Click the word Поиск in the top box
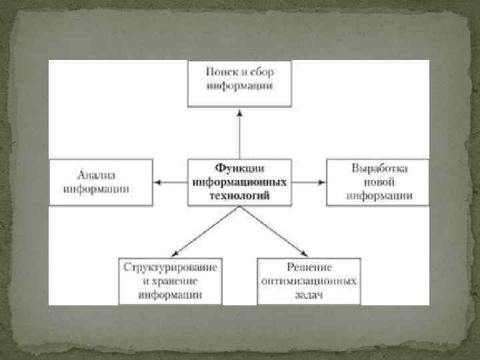pos(219,71)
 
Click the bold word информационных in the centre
pos(239,181)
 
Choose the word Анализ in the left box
pos(97,175)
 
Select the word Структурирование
pos(170,267)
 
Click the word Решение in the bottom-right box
pos(308,267)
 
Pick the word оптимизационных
pos(308,280)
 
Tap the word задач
pos(308,293)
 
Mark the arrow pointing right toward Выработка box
pos(309,181)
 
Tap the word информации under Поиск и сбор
pos(239,85)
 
